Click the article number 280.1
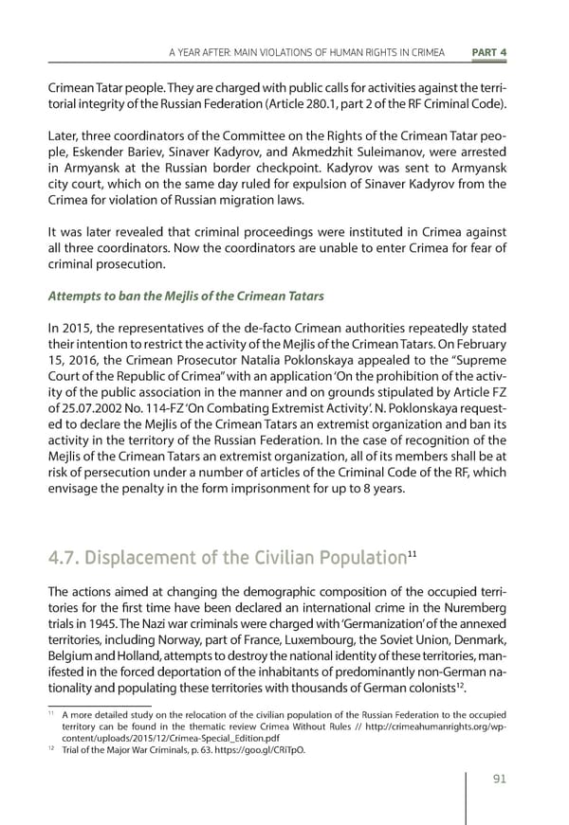tap(314, 102)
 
